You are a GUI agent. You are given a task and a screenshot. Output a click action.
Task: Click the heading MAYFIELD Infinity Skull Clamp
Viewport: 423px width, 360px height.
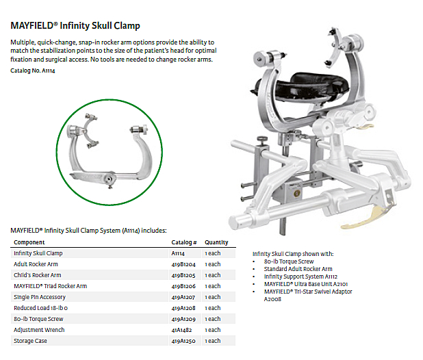point(75,26)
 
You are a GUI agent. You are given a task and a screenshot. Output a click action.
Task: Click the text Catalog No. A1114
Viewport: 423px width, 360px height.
point(34,70)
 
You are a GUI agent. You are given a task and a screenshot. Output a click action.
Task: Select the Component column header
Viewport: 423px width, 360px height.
point(29,242)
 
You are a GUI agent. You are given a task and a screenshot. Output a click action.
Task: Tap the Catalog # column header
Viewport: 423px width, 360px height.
point(184,242)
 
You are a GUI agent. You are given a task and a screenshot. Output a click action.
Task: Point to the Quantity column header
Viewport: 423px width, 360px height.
point(216,242)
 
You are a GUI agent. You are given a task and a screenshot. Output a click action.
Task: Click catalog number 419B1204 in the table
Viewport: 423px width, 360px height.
point(184,264)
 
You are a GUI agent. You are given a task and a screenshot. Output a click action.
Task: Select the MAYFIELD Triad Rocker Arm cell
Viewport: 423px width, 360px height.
point(51,286)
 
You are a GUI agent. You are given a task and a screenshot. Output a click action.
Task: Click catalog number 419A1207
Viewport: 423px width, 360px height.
point(184,297)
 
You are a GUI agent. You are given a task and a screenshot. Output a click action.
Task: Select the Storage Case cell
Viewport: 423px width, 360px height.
point(31,341)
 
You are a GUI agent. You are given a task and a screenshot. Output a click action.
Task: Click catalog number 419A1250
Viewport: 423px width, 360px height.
point(184,341)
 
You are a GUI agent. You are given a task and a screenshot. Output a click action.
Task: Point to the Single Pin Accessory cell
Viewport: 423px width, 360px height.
point(40,297)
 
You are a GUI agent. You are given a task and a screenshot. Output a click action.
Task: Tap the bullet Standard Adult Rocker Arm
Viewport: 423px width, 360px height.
point(298,269)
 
